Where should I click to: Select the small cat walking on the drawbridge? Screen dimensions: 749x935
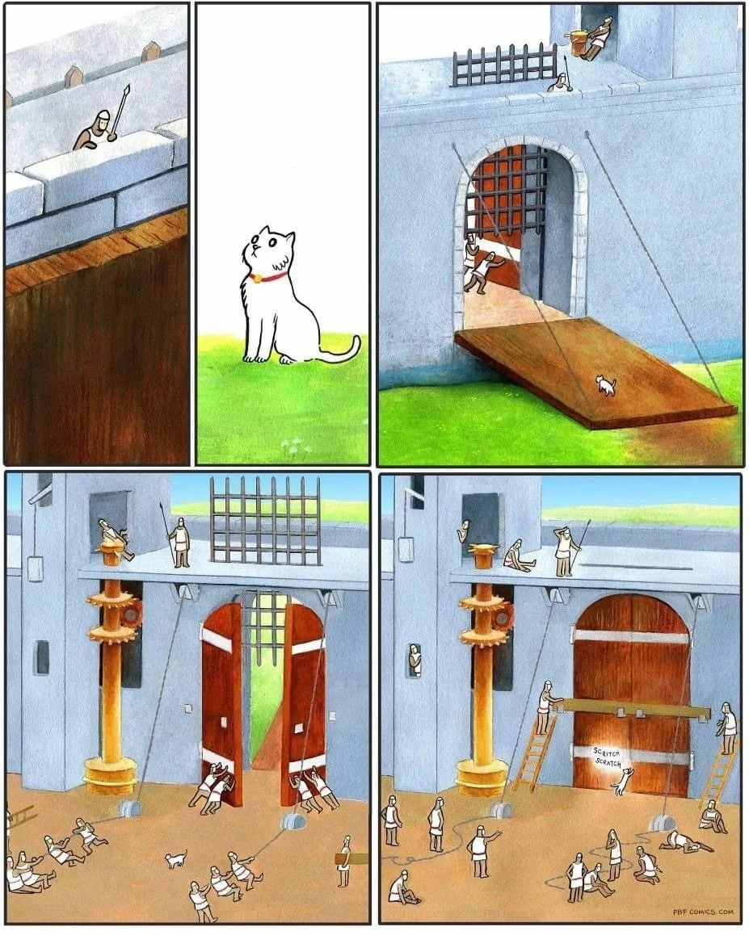pos(606,384)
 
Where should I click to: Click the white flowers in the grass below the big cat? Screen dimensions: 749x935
pos(292,444)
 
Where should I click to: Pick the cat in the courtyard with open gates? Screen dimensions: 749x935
pos(176,858)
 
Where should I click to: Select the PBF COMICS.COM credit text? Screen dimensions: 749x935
pos(702,912)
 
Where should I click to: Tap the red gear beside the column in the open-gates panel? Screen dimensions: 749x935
pos(133,615)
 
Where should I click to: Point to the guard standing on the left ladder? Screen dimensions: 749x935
pos(545,708)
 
